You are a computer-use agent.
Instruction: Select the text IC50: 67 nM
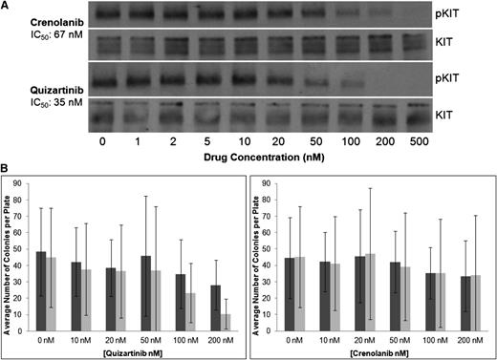[37, 37]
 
